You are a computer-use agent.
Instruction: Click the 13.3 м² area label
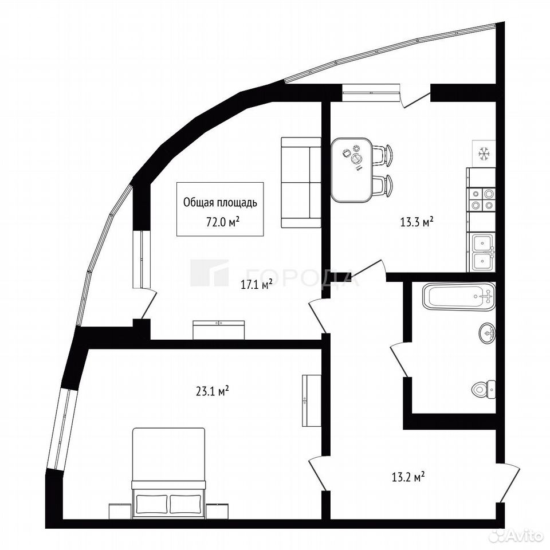pyautogui.click(x=417, y=222)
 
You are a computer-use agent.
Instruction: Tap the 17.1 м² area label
pyautogui.click(x=257, y=285)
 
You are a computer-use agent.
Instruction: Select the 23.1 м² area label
pyautogui.click(x=213, y=391)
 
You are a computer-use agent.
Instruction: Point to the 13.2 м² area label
pyautogui.click(x=408, y=477)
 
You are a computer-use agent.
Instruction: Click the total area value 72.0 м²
pyautogui.click(x=223, y=222)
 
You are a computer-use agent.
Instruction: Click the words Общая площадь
pyautogui.click(x=220, y=202)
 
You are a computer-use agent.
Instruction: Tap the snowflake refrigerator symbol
pyautogui.click(x=484, y=154)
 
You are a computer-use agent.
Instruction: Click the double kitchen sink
pyautogui.click(x=483, y=253)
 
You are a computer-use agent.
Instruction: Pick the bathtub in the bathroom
pyautogui.click(x=459, y=296)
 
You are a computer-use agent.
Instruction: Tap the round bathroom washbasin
pyautogui.click(x=487, y=332)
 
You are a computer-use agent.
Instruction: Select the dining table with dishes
pyautogui.click(x=351, y=170)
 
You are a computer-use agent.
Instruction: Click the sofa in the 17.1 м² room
pyautogui.click(x=301, y=182)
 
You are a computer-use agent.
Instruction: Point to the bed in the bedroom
pyautogui.click(x=168, y=473)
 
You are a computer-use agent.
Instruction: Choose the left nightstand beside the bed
pyautogui.click(x=120, y=511)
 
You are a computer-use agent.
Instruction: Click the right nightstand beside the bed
pyautogui.click(x=217, y=511)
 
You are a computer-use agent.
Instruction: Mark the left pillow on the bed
pyautogui.click(x=152, y=504)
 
